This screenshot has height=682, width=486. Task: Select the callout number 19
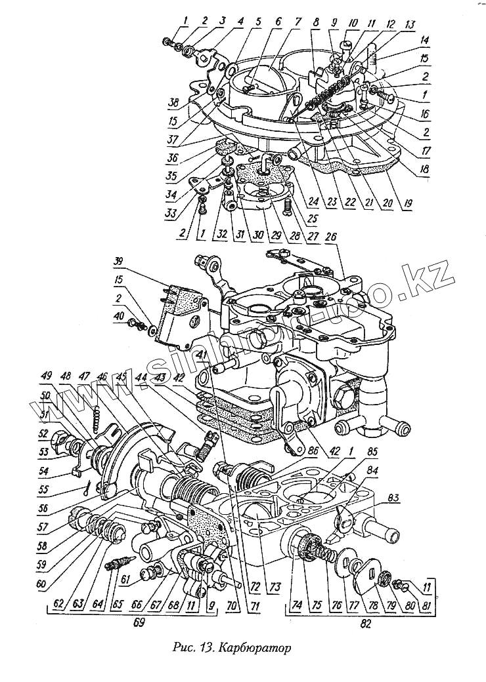(x=409, y=204)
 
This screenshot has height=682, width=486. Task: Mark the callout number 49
(x=46, y=376)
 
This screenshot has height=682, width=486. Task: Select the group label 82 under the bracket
(x=366, y=624)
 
